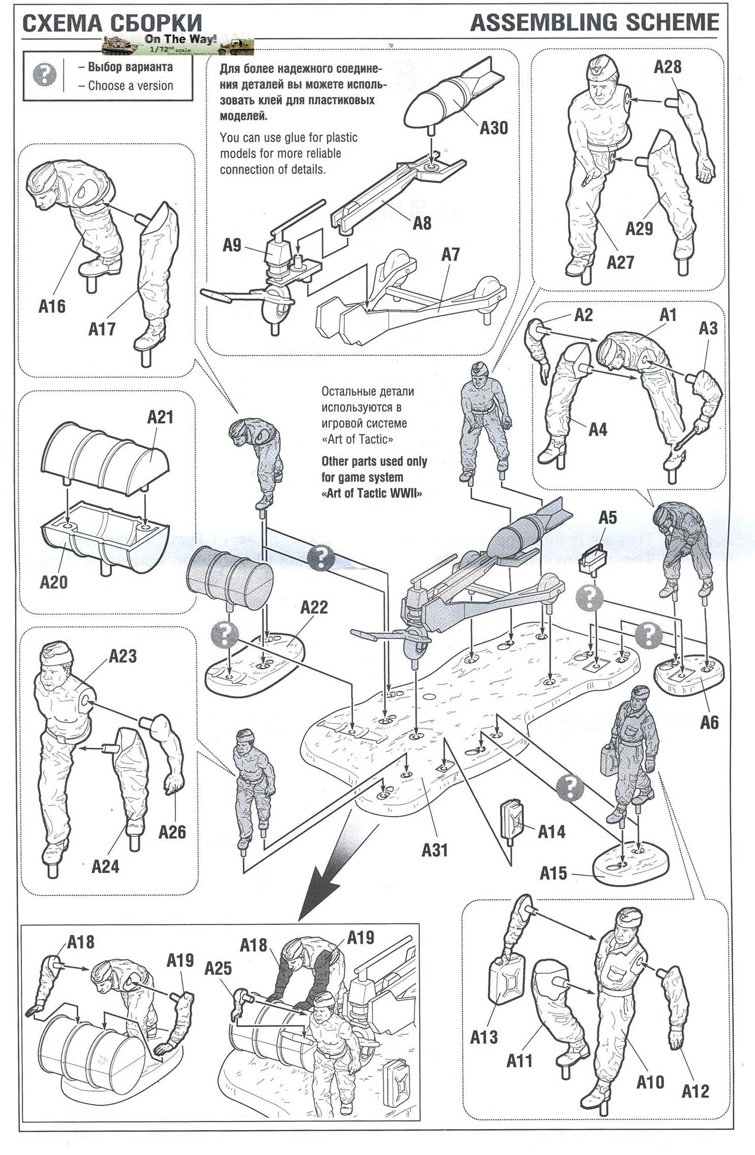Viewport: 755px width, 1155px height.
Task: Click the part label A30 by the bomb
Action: point(493,128)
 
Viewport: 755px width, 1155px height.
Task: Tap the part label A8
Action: point(422,223)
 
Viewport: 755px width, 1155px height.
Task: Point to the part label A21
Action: point(160,417)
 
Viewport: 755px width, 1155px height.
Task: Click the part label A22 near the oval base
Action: point(314,607)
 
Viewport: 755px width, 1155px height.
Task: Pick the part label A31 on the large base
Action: point(434,849)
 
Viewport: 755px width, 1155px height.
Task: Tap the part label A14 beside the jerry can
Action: point(551,831)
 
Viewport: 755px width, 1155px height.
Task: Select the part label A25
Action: point(218,968)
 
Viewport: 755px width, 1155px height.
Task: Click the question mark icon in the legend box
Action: point(45,75)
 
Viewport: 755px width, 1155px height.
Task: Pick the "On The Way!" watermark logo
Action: point(178,45)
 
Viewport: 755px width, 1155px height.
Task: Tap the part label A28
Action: point(667,67)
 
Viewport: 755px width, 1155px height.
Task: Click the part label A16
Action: point(52,306)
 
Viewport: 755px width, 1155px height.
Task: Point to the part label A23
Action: point(123,656)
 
